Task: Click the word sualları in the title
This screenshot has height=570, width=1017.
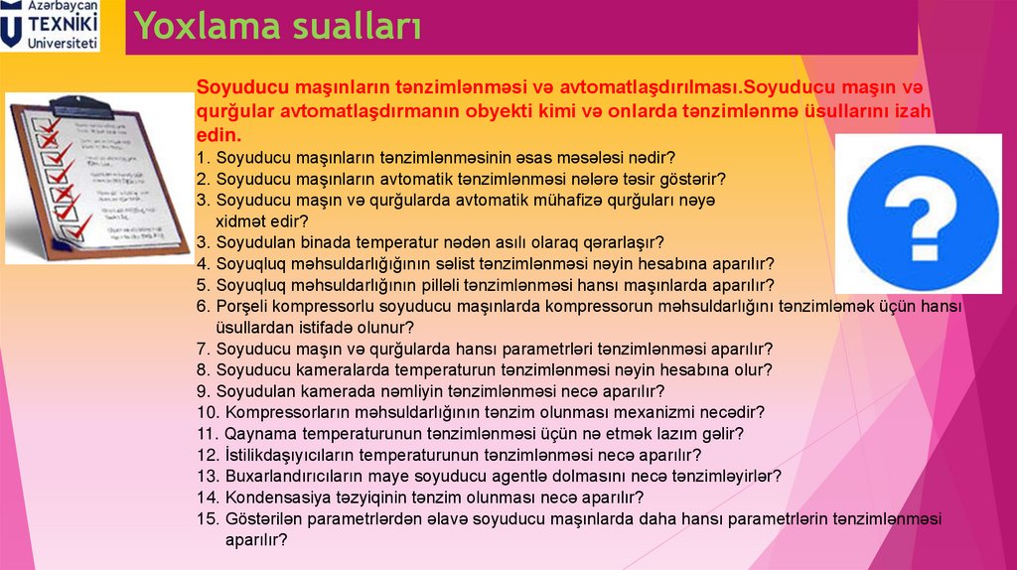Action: click(x=357, y=27)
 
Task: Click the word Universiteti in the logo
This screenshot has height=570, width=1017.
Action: click(x=64, y=44)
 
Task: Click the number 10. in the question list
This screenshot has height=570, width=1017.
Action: click(x=208, y=411)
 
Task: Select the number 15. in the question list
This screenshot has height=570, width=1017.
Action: click(x=208, y=518)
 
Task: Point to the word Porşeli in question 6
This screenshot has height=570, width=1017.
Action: click(x=243, y=306)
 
